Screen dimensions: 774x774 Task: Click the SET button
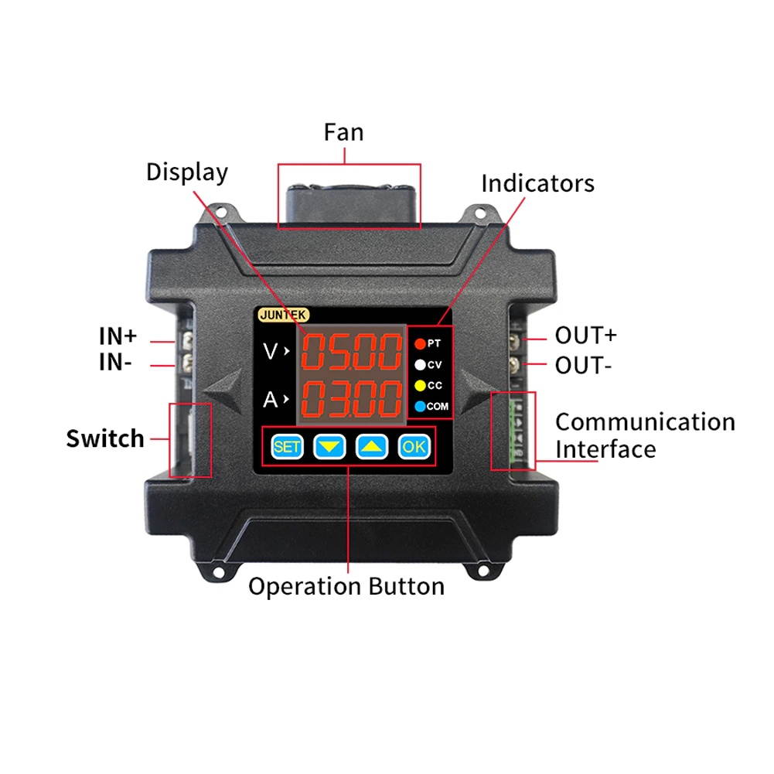coord(286,446)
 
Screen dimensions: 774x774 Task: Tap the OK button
coord(414,446)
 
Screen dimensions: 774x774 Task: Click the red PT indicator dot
coord(420,343)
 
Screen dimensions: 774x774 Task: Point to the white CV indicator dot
coord(420,364)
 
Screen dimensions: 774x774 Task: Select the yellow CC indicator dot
coord(420,385)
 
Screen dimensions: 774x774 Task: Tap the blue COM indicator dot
coord(420,406)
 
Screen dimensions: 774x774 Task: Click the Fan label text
coord(343,132)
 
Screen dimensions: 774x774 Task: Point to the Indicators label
coord(537,183)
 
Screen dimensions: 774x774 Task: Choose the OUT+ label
coord(585,336)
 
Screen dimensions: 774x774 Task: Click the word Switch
coord(105,438)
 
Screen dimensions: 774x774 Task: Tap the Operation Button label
coord(346,586)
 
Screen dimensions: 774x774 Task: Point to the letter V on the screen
coord(270,352)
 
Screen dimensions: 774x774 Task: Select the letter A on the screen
coord(270,400)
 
